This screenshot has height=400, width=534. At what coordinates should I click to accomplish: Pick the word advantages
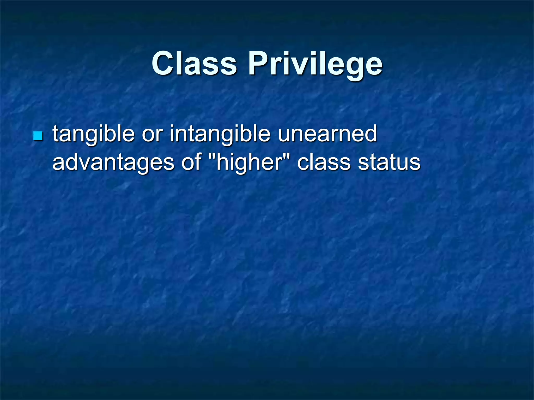tap(113, 162)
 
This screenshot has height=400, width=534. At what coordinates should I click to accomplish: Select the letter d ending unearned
tap(370, 134)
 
